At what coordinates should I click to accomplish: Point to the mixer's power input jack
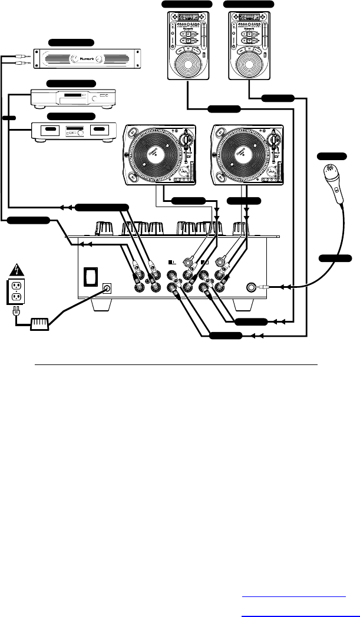(x=108, y=288)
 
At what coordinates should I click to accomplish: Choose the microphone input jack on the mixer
(x=253, y=288)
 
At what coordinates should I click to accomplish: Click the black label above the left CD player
(x=187, y=4)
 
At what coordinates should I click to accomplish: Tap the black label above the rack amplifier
(x=71, y=42)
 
